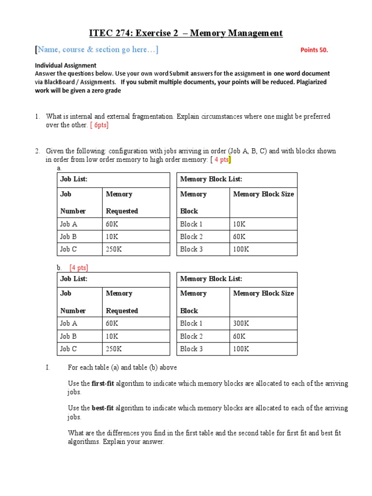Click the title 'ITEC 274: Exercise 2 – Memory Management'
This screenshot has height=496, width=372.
pos(186,33)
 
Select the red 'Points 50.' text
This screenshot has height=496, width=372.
pos(317,50)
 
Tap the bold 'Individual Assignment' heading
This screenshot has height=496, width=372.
pos(65,65)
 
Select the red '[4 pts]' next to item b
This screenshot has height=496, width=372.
pos(78,267)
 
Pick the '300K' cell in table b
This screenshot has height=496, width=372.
pos(241,324)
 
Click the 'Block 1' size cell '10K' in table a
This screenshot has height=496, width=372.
pos(239,224)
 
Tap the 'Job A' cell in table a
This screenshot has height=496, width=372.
pos(68,224)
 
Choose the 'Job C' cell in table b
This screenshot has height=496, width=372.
pos(68,349)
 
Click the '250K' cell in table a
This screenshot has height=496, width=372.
pos(114,249)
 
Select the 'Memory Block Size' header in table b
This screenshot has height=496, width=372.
pos(263,294)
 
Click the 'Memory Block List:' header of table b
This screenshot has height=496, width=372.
pos(211,279)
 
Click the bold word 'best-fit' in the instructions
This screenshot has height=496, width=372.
pos(103,408)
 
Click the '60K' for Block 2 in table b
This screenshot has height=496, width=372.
pos(239,336)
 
